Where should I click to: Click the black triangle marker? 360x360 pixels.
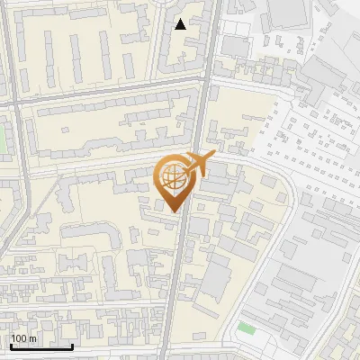[x=181, y=24]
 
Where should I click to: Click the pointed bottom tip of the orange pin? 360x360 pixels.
[x=173, y=211]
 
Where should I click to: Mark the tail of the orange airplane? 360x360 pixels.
[x=185, y=172]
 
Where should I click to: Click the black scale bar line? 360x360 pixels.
[x=41, y=346]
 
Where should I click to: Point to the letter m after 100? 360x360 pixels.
[x=32, y=339]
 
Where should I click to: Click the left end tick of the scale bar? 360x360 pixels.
[x=11, y=345]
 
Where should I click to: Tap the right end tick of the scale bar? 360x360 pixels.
[x=72, y=345]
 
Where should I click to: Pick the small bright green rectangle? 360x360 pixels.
[x=247, y=327]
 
